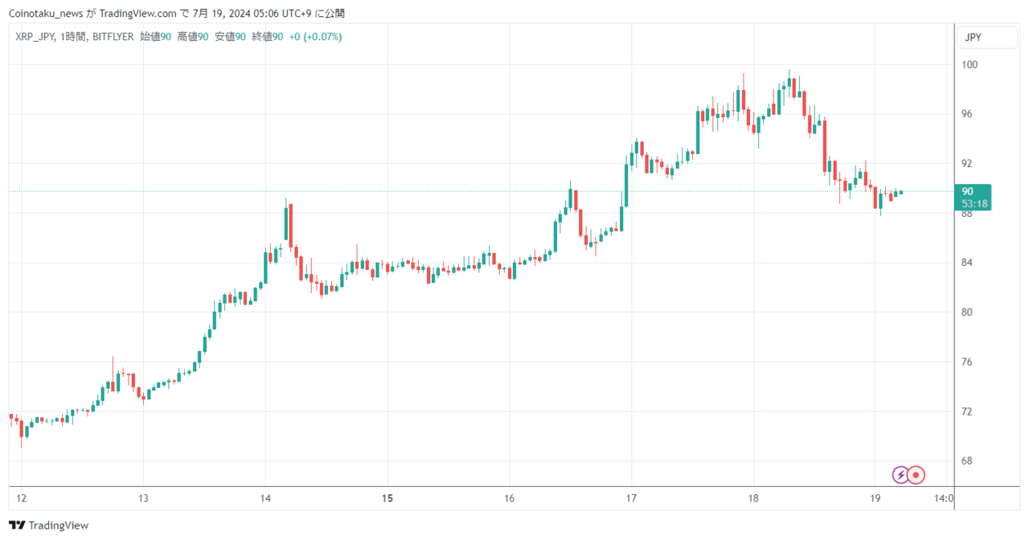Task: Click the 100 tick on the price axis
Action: click(970, 65)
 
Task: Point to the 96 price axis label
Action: click(966, 114)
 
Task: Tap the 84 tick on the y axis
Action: click(966, 263)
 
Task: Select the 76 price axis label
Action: click(966, 362)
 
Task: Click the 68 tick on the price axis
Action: click(966, 460)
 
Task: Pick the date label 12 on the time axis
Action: click(21, 498)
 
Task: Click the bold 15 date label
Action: click(387, 498)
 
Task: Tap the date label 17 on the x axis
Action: click(631, 498)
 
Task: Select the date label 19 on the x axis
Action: click(875, 498)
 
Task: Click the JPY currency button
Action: click(986, 37)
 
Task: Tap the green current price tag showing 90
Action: click(973, 197)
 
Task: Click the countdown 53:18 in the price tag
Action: click(974, 203)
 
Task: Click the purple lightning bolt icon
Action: click(900, 475)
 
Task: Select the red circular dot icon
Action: click(916, 475)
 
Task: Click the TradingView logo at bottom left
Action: click(48, 526)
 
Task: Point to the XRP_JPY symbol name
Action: click(35, 37)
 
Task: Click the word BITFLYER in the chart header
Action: click(113, 37)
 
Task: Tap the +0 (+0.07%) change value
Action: click(316, 37)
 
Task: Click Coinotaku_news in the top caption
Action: click(46, 14)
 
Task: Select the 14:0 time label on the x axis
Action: click(944, 498)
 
